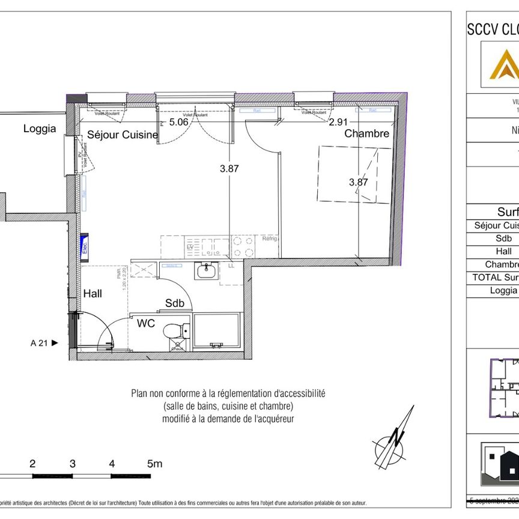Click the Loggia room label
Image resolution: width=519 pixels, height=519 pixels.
click(40, 128)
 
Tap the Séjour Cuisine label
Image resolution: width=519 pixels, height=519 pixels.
click(123, 135)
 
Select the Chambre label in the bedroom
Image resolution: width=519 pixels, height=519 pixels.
click(366, 133)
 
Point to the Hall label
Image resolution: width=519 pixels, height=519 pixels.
click(93, 293)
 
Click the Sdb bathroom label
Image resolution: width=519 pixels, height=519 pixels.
click(174, 303)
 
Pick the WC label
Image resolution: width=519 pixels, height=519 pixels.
click(146, 323)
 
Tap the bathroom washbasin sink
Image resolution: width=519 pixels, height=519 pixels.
click(206, 272)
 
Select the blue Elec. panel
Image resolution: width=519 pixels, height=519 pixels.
click(85, 246)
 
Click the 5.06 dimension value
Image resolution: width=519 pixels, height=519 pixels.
click(178, 122)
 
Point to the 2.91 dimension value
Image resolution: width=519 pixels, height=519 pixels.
click(338, 122)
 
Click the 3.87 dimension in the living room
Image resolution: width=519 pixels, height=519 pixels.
click(229, 169)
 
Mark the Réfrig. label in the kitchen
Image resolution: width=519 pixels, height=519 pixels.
click(268, 240)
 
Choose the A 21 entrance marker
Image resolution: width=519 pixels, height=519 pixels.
click(44, 344)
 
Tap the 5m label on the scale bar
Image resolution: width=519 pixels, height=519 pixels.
click(155, 464)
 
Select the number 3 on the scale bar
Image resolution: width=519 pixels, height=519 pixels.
click(72, 464)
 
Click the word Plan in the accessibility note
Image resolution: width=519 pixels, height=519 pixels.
click(141, 394)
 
